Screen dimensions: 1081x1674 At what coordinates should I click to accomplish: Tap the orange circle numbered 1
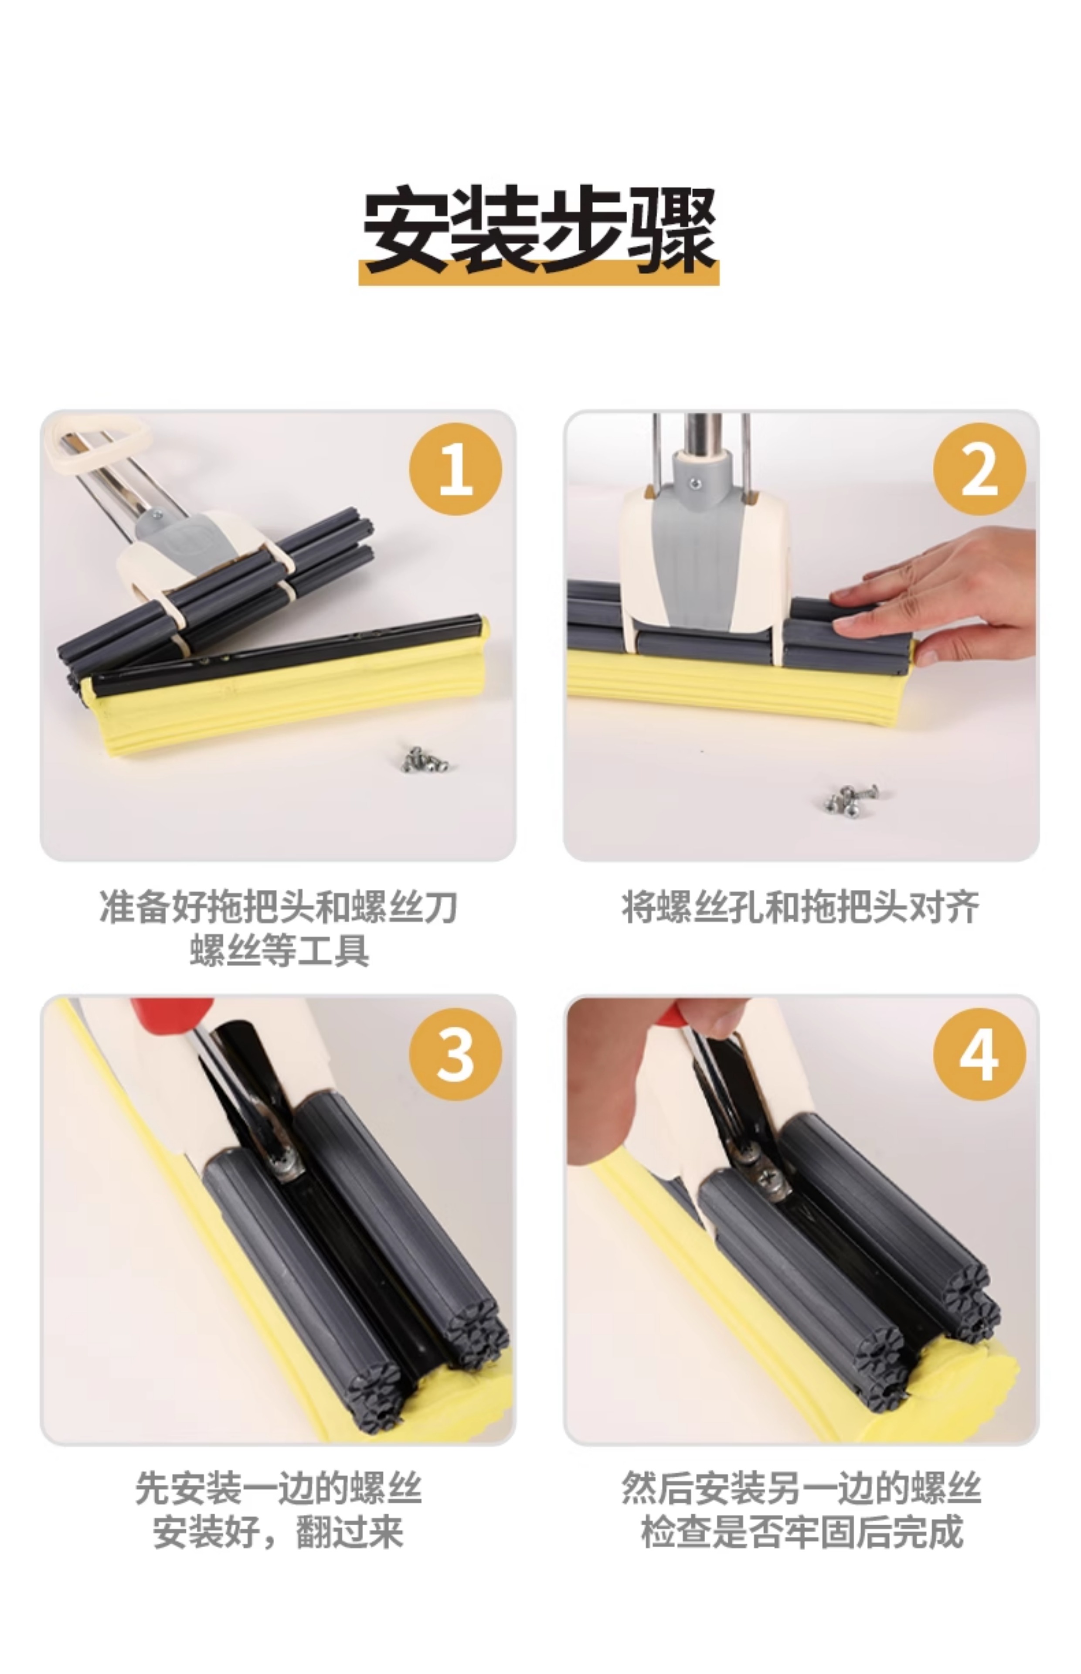(456, 469)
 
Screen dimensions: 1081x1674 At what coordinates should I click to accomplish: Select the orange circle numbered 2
(979, 469)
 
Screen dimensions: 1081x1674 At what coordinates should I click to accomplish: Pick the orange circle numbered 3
(456, 1054)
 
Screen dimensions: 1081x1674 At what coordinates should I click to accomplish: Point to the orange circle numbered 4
(979, 1054)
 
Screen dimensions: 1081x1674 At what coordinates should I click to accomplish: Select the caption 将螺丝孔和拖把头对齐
(801, 907)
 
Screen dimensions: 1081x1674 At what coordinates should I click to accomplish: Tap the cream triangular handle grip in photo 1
(98, 444)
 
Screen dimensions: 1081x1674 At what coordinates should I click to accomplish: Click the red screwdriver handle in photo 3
(172, 1013)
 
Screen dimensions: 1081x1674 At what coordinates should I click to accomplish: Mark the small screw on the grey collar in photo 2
(695, 483)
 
